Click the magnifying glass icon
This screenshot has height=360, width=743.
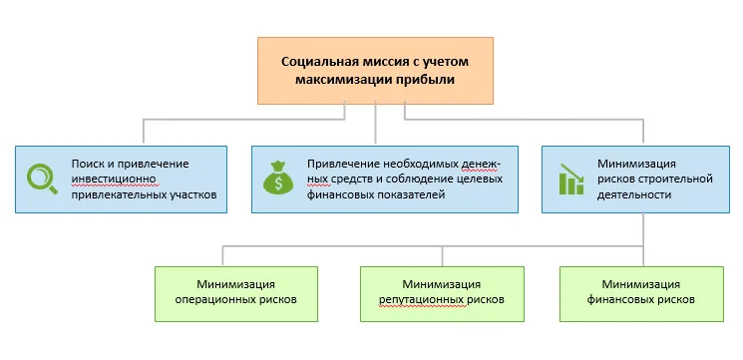click(41, 179)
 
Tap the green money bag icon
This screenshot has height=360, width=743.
click(277, 179)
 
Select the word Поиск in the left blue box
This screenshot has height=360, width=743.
click(87, 163)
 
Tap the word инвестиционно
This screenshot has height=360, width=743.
click(110, 179)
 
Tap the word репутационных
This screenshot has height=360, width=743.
click(420, 299)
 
